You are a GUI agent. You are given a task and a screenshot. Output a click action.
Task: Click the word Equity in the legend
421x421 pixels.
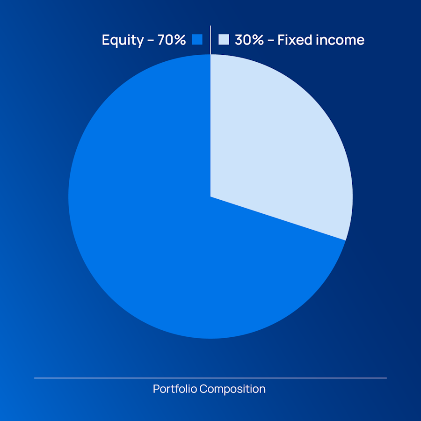click(123, 41)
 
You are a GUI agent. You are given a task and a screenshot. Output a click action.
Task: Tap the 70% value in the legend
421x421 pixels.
click(172, 40)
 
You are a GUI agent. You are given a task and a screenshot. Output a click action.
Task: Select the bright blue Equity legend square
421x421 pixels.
click(197, 39)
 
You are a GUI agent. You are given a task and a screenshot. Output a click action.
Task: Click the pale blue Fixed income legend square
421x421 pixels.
click(224, 39)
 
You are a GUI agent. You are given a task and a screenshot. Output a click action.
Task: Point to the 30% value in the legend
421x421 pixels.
click(249, 40)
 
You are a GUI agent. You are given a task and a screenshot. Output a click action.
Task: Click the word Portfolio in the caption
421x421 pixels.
click(175, 389)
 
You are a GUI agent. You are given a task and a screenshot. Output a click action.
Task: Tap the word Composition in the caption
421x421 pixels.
click(232, 389)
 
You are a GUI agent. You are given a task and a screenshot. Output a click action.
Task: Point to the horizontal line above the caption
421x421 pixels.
click(210, 378)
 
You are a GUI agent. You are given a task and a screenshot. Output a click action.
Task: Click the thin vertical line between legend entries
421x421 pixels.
click(210, 40)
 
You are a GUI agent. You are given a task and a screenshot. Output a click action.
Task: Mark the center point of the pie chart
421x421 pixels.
click(210, 196)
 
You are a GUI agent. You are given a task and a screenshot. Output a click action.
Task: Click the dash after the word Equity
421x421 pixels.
click(151, 41)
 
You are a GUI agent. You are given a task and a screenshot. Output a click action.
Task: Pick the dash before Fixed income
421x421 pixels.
click(271, 41)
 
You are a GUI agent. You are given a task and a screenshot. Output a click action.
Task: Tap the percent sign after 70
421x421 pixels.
click(179, 40)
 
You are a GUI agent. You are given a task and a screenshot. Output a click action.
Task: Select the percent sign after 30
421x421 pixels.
click(257, 40)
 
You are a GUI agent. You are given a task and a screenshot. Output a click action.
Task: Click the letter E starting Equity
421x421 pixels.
click(106, 40)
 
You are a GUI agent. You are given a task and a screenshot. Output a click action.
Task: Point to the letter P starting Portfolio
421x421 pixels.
click(156, 389)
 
